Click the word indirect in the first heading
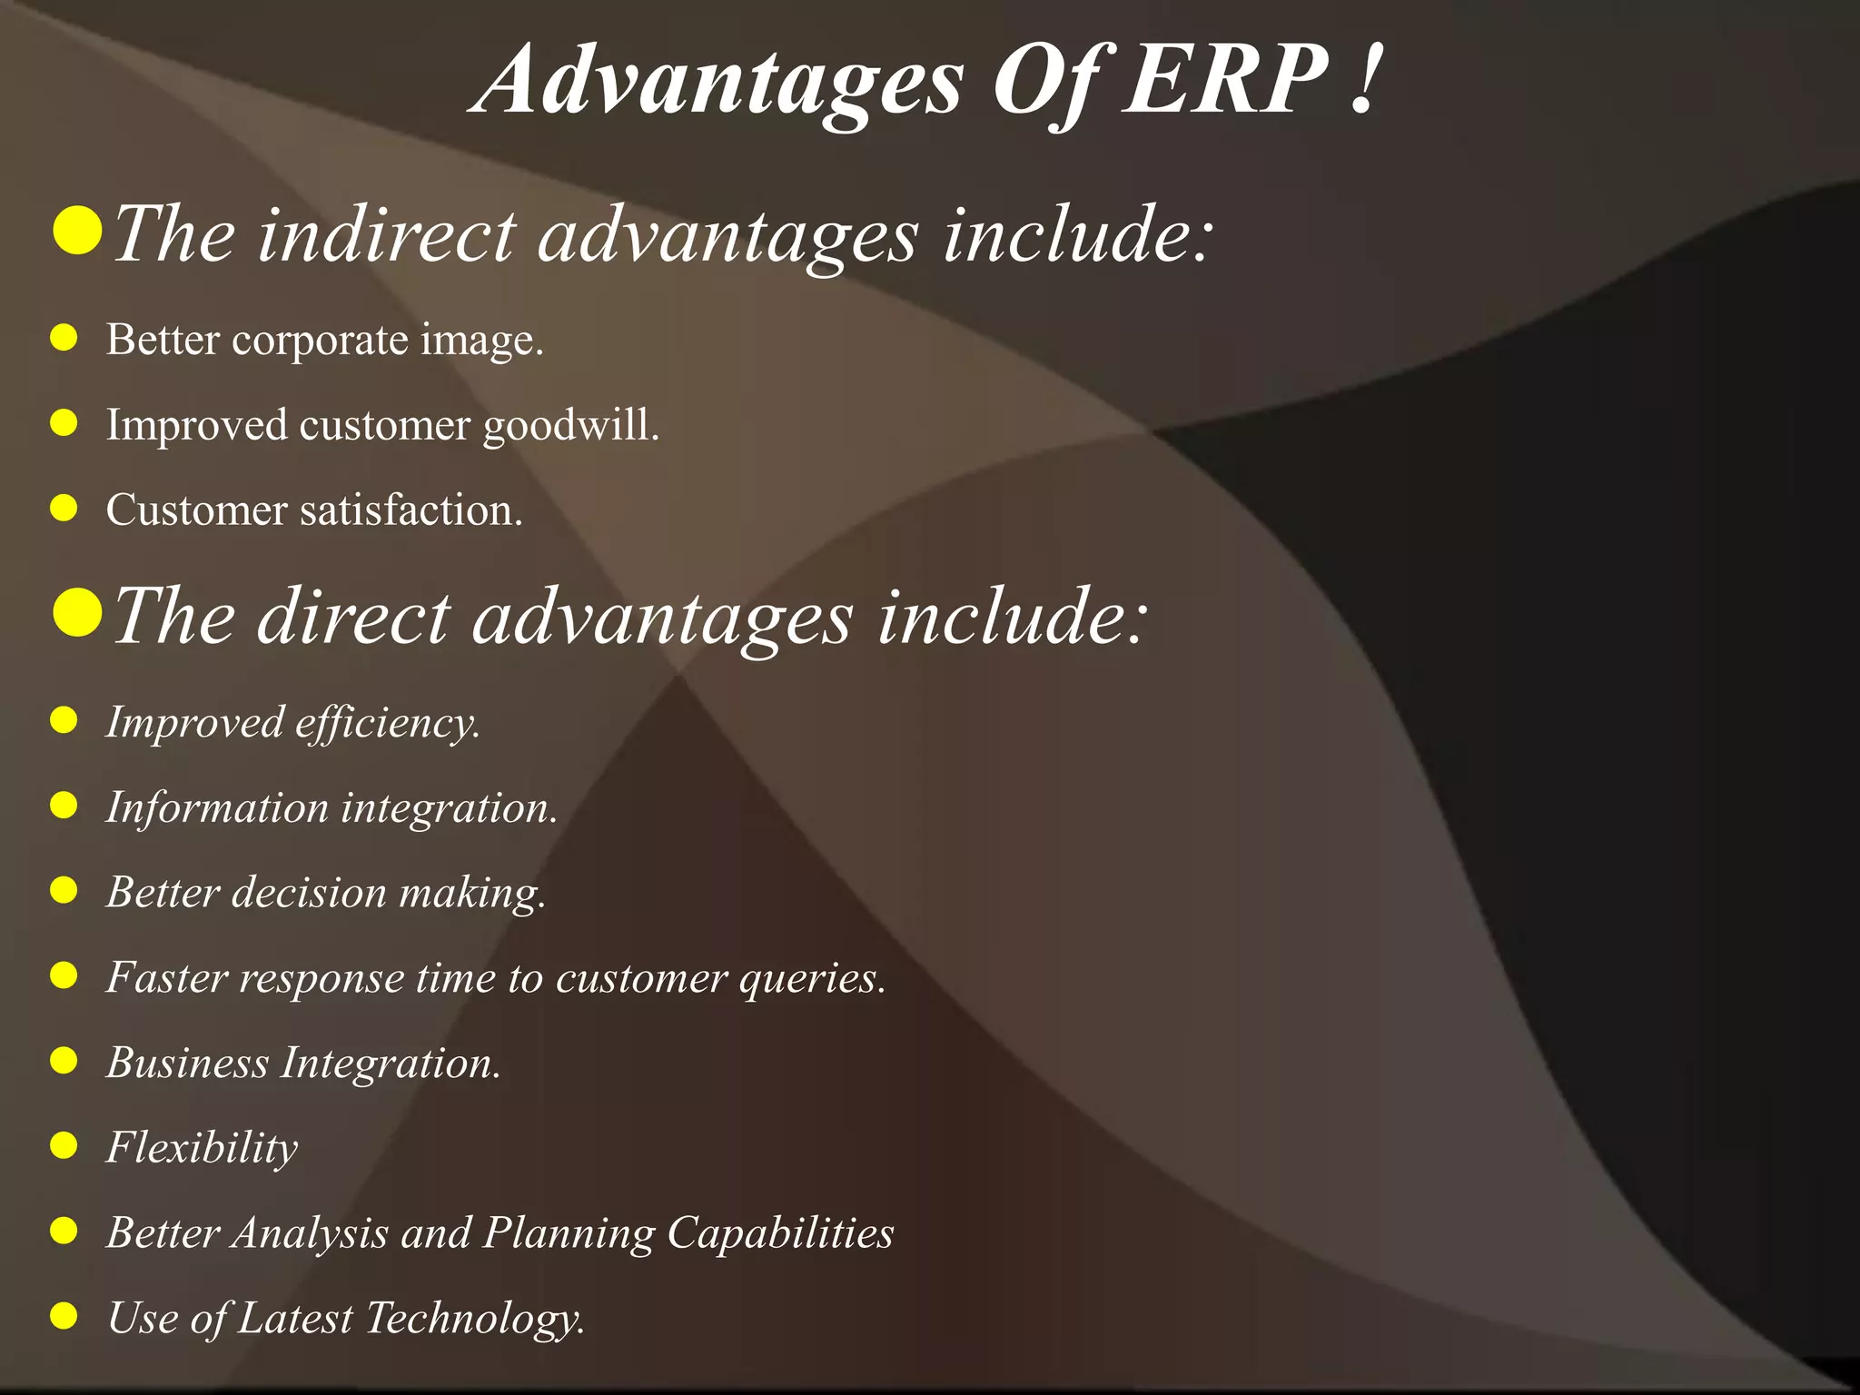pos(387,234)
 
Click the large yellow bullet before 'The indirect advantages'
pos(76,231)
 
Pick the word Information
pos(216,807)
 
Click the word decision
pos(310,892)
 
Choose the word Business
pos(187,1063)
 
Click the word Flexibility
pos(202,1148)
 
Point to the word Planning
pos(568,1233)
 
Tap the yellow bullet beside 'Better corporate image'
pos(64,339)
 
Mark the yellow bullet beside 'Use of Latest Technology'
pos(64,1315)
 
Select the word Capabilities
pos(780,1233)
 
